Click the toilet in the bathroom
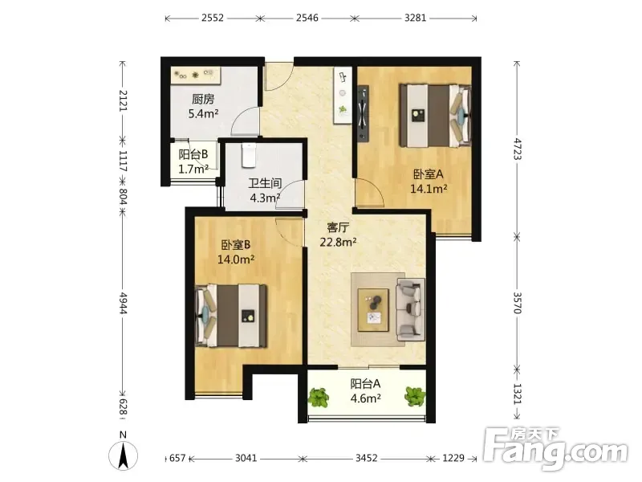point(249,155)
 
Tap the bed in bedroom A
point(435,115)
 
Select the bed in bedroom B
point(231,316)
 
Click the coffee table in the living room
point(373,309)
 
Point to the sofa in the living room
point(410,309)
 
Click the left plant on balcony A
point(319,397)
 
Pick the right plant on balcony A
point(415,396)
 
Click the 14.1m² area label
point(429,189)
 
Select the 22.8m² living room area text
point(338,242)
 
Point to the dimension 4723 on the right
point(518,149)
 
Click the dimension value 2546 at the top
point(307,18)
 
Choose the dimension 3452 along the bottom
point(366,458)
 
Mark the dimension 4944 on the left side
point(123,303)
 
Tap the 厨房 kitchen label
point(203,99)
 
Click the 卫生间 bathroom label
point(265,183)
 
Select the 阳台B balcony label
point(193,154)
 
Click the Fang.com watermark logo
point(555,450)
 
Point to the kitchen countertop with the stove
point(196,76)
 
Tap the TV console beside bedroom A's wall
point(364,113)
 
